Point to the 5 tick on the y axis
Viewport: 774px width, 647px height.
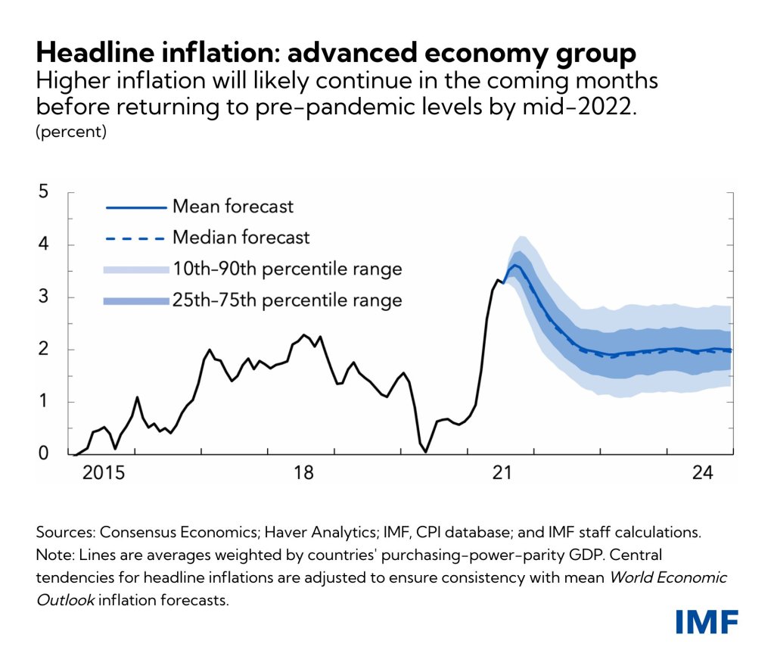tap(43, 192)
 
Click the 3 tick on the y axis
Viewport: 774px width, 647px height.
tap(43, 297)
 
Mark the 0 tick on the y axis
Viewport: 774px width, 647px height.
tap(43, 453)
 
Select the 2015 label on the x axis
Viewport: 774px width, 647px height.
tap(103, 474)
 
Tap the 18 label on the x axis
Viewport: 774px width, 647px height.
tap(303, 474)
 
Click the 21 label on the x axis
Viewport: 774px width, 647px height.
tap(502, 474)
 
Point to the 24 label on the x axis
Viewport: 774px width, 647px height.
tap(702, 474)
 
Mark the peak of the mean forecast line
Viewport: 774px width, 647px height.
tap(515, 265)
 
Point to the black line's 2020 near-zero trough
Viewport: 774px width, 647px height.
tap(426, 452)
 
